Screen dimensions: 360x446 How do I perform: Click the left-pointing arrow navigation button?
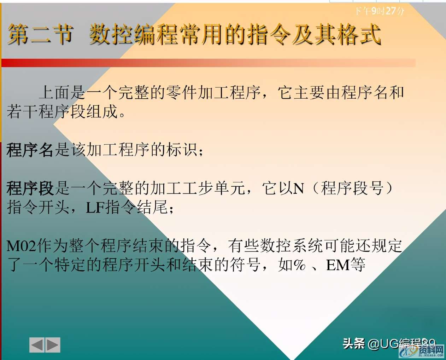pos(37,345)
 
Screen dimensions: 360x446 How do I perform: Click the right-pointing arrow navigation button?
pos(53,345)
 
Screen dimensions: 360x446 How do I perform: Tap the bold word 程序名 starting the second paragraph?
pos(30,150)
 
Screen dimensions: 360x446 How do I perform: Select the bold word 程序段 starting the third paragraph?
pos(30,188)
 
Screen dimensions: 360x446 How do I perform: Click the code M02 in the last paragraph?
pos(21,246)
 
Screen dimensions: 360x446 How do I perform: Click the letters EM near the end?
pos(338,265)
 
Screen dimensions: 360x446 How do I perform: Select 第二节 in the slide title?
pos(40,35)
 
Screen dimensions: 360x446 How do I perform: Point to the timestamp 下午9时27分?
pos(380,11)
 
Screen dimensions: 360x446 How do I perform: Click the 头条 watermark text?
pos(354,343)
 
